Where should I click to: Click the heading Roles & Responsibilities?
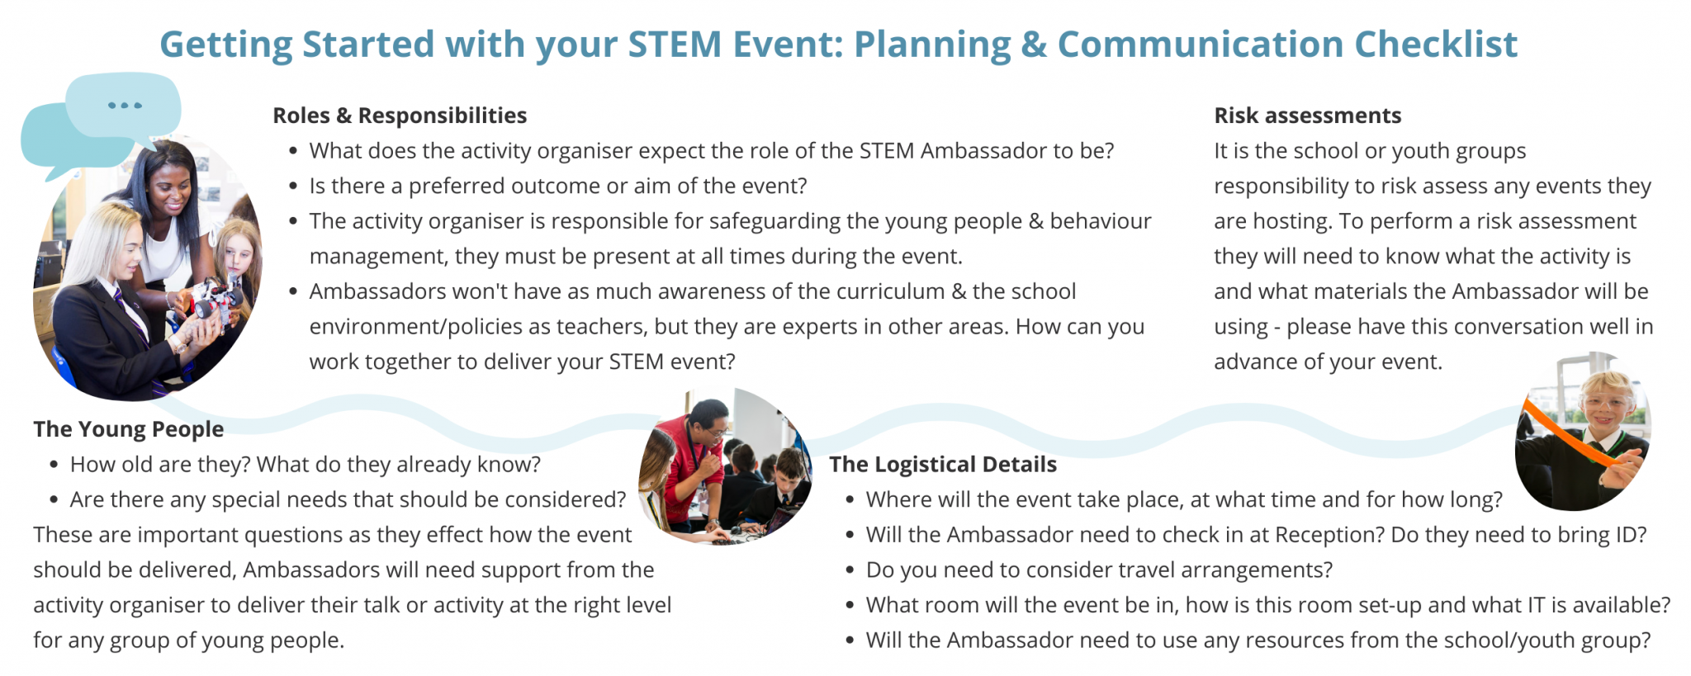click(400, 116)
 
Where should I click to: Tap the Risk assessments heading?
click(1307, 116)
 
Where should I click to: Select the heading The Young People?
click(128, 429)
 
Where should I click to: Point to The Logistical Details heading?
click(942, 465)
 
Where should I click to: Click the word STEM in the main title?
click(675, 45)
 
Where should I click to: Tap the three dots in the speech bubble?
click(125, 106)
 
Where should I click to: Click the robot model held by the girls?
click(213, 300)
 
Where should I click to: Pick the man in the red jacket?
click(690, 462)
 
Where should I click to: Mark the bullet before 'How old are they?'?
click(54, 465)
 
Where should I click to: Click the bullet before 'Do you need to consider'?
click(850, 570)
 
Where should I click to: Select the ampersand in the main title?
click(1033, 45)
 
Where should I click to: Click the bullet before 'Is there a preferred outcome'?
click(293, 187)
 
